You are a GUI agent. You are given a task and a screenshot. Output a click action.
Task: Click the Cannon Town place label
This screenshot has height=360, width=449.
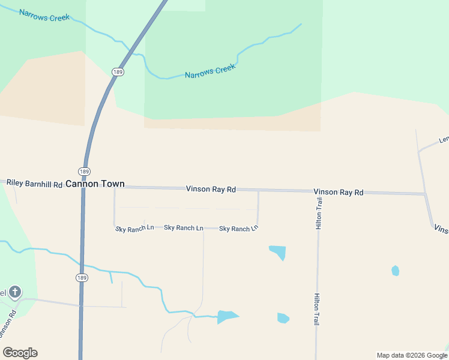pyautogui.click(x=95, y=184)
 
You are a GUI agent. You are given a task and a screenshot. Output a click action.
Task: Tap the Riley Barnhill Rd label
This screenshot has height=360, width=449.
pyautogui.click(x=35, y=183)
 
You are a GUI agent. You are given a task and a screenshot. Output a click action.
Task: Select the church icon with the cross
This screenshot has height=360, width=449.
pyautogui.click(x=15, y=293)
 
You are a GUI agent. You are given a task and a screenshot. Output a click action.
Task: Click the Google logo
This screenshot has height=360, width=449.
pyautogui.click(x=20, y=353)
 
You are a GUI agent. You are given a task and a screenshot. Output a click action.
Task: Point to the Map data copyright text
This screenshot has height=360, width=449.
pyautogui.click(x=412, y=355)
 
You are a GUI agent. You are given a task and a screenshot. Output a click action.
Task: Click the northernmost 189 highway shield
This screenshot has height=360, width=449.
pyautogui.click(x=118, y=72)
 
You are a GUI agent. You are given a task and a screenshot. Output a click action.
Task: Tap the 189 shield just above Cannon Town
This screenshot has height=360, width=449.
pyautogui.click(x=85, y=172)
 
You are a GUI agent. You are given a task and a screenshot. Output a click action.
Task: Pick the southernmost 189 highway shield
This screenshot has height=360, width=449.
pyautogui.click(x=83, y=277)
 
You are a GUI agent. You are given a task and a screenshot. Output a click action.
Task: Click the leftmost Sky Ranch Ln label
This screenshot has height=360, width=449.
pyautogui.click(x=134, y=228)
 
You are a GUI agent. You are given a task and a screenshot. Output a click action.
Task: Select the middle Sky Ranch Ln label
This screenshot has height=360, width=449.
pyautogui.click(x=184, y=228)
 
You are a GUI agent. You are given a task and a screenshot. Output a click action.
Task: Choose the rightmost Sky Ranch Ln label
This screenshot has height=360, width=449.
pyautogui.click(x=238, y=229)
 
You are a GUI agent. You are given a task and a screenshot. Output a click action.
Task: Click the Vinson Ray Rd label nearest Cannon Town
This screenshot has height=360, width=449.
pyautogui.click(x=211, y=189)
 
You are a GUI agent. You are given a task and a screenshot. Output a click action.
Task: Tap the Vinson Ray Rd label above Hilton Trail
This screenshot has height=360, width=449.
pyautogui.click(x=339, y=192)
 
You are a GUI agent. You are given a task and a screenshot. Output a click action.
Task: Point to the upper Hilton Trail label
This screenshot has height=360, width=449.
pyautogui.click(x=319, y=213)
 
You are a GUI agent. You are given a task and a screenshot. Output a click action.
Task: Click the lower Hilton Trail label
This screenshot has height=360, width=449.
pyautogui.click(x=316, y=309)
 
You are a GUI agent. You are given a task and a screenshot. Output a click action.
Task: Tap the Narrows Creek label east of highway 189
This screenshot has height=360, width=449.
pyautogui.click(x=210, y=71)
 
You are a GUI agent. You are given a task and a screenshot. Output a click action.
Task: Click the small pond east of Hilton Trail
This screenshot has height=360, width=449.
pyautogui.click(x=395, y=271)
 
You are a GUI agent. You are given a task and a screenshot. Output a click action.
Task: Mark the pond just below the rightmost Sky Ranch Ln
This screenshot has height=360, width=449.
pyautogui.click(x=278, y=251)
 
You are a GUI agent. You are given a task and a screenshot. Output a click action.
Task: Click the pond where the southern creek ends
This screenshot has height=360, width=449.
pyautogui.click(x=226, y=317)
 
